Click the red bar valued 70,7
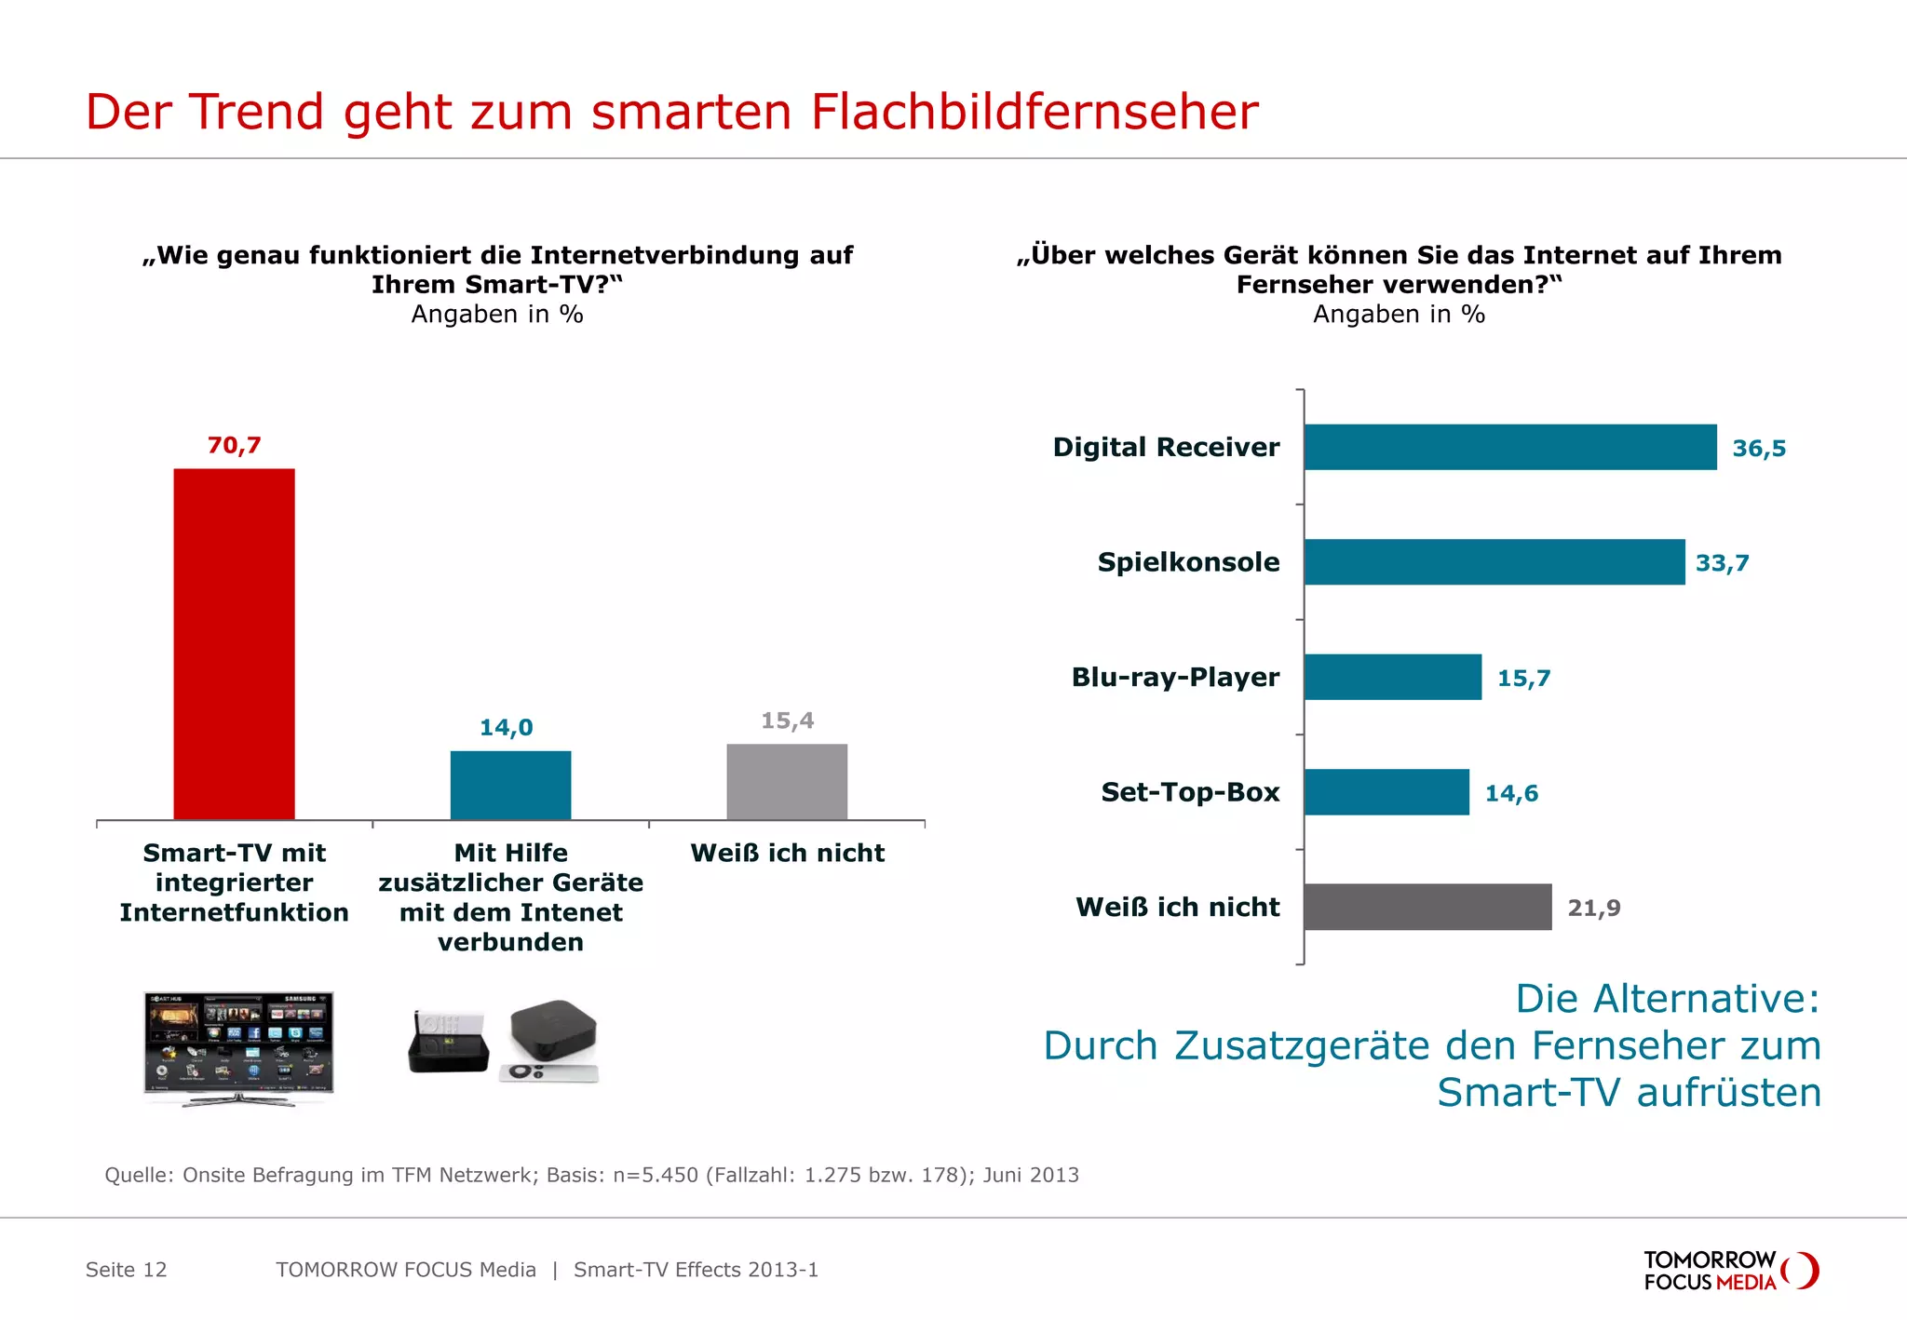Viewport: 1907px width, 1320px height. coord(234,644)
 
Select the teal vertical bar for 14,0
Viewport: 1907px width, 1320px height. coord(510,785)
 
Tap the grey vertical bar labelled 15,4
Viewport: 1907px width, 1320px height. coord(787,781)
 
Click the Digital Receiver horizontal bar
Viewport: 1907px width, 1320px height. coord(1509,447)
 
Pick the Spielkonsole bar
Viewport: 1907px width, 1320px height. coord(1494,562)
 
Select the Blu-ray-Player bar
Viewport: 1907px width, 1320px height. coord(1392,677)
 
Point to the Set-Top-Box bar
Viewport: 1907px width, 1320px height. coord(1386,792)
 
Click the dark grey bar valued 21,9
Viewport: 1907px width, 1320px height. coord(1427,907)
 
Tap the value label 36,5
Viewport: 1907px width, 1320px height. coord(1758,449)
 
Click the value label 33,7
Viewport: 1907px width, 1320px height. coord(1722,563)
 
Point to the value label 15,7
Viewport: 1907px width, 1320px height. coord(1523,679)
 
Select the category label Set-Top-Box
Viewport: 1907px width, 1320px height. coord(1189,792)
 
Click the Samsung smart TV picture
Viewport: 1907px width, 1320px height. coord(238,1046)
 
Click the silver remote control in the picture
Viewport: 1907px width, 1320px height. coord(548,1073)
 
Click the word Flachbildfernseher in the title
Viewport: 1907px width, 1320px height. coord(1034,112)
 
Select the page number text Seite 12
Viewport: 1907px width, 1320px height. coord(126,1270)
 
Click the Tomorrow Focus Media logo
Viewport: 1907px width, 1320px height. coord(1729,1271)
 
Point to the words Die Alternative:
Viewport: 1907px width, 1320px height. coord(1667,999)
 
